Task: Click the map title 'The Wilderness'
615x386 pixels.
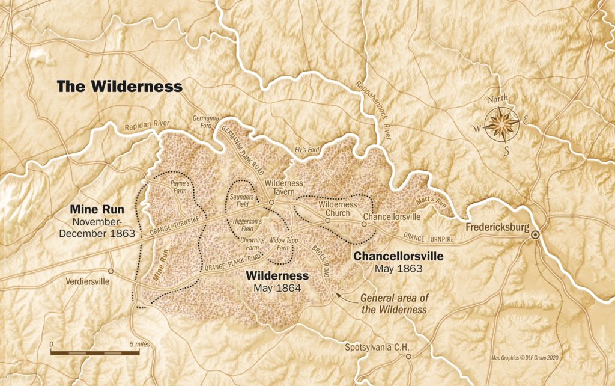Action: point(120,87)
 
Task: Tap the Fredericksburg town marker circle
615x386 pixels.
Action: point(535,235)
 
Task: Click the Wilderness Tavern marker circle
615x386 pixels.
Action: point(271,203)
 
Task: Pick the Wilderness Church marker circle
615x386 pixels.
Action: point(327,221)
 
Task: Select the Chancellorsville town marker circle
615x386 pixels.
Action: point(364,224)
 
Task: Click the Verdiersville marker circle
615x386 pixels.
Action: point(111,271)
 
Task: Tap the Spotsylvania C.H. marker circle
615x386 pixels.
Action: point(408,357)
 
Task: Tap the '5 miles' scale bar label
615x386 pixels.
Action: point(139,344)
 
